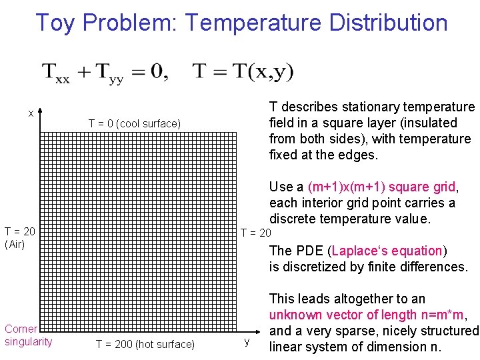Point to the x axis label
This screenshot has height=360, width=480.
pyautogui.click(x=31, y=113)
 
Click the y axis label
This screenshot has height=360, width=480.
pyautogui.click(x=247, y=341)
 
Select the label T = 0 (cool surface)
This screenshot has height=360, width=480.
pyautogui.click(x=134, y=123)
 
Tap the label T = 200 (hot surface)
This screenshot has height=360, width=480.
pyautogui.click(x=145, y=344)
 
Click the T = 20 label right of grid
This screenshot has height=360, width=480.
pyautogui.click(x=255, y=233)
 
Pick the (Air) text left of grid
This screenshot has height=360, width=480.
pyautogui.click(x=15, y=244)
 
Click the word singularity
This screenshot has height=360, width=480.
pyautogui.click(x=28, y=342)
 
